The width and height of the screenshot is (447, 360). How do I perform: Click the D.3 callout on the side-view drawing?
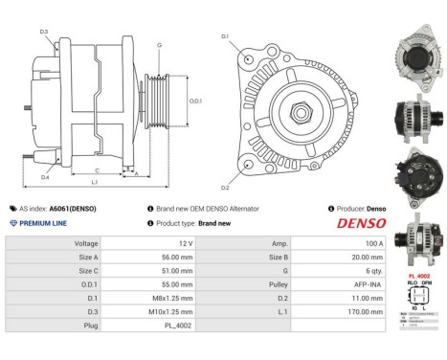click(x=44, y=33)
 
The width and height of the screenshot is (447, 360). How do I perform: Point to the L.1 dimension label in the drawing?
click(x=94, y=182)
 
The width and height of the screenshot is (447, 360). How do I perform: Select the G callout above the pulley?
click(x=159, y=45)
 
